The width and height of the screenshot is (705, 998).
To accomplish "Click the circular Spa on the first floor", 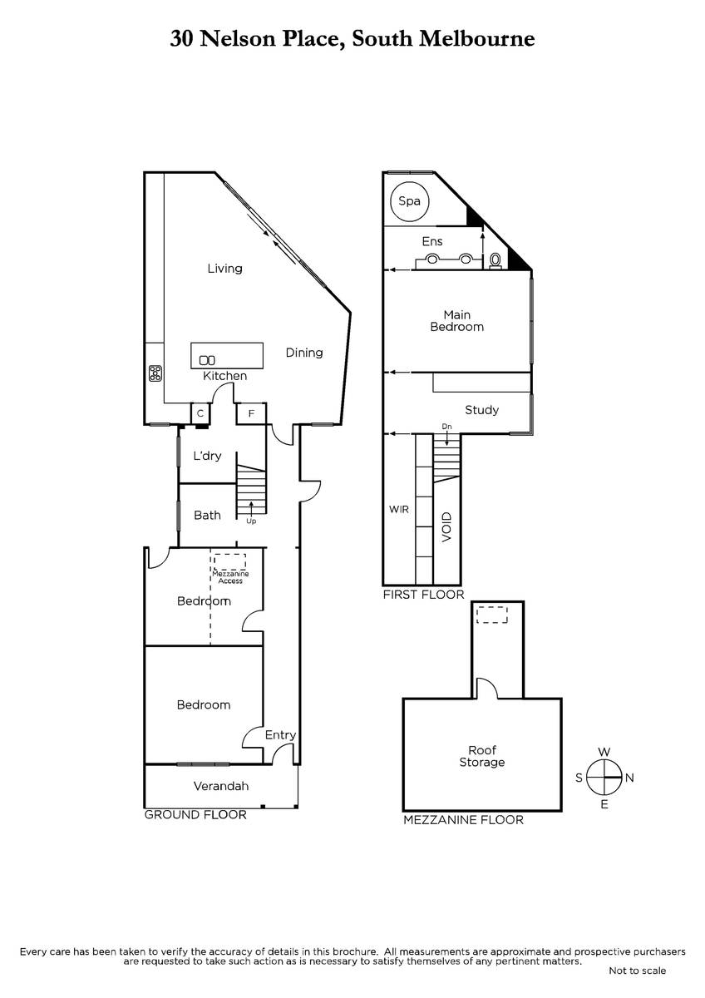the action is pos(409,201).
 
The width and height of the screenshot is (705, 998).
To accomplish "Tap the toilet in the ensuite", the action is pos(495,261).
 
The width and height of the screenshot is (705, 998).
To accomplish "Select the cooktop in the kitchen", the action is pos(155,373).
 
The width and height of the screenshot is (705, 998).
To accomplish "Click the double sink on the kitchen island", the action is pos(207,360).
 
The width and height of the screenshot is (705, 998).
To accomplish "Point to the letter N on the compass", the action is pos(629,778).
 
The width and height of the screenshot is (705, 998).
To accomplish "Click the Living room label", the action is pos(225,269).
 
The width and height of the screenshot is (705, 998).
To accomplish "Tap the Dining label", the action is pos(304,353).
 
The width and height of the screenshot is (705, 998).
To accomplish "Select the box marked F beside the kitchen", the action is pos(251,414).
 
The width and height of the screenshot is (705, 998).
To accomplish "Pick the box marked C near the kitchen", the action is pos(200,413).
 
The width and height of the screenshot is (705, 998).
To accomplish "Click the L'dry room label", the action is pos(207,456).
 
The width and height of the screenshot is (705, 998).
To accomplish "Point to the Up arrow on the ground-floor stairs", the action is pos(251,508).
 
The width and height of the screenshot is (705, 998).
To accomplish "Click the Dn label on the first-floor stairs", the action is pos(446,427).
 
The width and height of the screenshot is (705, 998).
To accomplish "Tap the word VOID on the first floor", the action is pos(446,527).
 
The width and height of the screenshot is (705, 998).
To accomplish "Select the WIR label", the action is pos(398,509).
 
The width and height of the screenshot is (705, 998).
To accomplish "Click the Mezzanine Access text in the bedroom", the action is pos(230,577).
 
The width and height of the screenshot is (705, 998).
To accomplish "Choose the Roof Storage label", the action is pos(482,757).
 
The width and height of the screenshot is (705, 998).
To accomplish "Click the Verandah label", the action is pos(221,787).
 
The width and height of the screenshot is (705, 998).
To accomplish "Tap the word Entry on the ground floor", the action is pos(280,735).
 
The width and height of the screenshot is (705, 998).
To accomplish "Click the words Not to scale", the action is pos(637,971).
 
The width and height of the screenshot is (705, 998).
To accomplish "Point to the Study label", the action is pos(481,410).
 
